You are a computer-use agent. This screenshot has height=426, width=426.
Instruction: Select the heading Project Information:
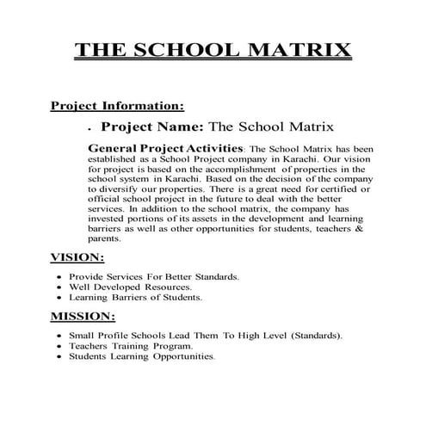[x=117, y=107]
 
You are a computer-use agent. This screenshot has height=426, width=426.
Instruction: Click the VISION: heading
[x=78, y=256]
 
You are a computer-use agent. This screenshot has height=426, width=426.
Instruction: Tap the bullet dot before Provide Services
[x=59, y=277]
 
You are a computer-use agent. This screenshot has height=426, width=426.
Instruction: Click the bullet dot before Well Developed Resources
[x=59, y=287]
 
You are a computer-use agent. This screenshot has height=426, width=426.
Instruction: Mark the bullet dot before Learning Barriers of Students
[x=59, y=298]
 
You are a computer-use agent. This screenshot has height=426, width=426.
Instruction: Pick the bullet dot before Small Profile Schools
[x=59, y=335]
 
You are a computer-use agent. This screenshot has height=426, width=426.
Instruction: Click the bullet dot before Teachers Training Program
[x=59, y=345]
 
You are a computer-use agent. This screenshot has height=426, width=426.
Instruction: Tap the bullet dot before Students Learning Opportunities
[x=59, y=356]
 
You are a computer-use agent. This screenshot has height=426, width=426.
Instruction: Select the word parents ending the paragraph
[x=105, y=238]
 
